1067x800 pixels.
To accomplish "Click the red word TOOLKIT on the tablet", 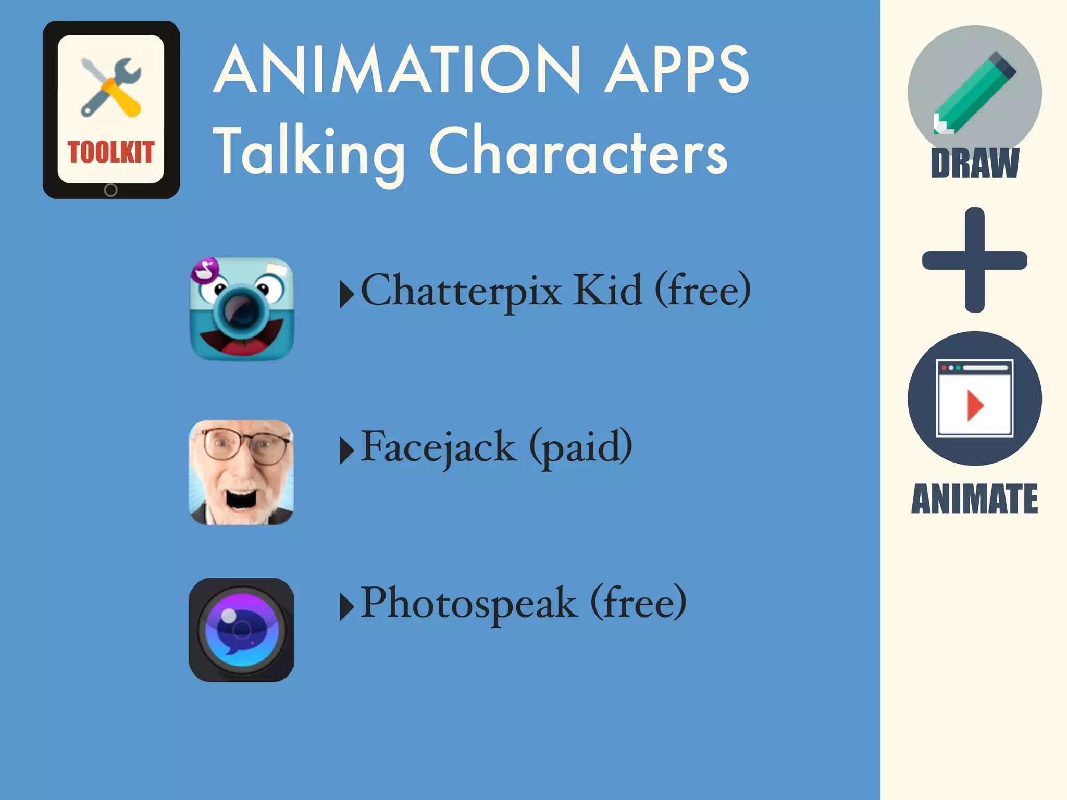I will [110, 152].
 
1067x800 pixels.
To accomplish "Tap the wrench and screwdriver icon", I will [110, 87].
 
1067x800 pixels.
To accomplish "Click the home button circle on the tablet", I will [110, 190].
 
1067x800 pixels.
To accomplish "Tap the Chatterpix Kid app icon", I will [241, 309].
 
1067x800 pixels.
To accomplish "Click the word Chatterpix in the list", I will [461, 291].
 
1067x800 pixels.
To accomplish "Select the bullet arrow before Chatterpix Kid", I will [346, 294].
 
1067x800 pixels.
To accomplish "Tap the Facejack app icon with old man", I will [241, 472].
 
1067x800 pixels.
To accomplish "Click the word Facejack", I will [438, 447].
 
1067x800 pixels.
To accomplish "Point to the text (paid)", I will [581, 447].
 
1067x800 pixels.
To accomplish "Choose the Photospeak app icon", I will [241, 630].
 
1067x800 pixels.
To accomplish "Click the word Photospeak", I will [469, 603].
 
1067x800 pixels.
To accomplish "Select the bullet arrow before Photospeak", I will [346, 607].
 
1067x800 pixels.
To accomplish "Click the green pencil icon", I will [974, 93].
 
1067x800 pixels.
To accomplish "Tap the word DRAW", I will [974, 164].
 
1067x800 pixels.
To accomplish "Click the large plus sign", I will [974, 260].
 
